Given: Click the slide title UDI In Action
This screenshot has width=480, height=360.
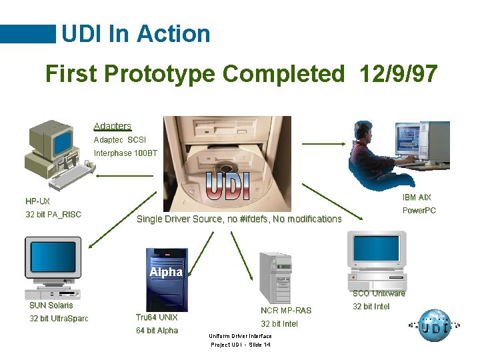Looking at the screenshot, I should [x=135, y=33].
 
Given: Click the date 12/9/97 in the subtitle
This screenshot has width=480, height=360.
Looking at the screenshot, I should [x=398, y=73].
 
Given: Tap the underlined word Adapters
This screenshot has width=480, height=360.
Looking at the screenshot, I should [x=113, y=126].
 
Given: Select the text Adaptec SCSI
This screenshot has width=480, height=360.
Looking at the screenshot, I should [x=120, y=140].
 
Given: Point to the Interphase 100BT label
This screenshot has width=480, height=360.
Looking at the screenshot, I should [x=126, y=153].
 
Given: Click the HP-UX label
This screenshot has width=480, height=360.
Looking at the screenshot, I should [x=38, y=201].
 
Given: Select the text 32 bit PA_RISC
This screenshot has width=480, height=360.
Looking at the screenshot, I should [x=53, y=214].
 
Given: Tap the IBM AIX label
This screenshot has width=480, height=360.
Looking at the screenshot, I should [x=417, y=197].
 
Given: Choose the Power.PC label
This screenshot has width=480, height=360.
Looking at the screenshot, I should [x=419, y=211].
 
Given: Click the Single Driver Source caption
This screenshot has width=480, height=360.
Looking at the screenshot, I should [x=239, y=219].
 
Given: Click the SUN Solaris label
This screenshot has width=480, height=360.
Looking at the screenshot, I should [x=51, y=305].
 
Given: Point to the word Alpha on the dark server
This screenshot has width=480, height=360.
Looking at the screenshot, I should [x=165, y=272].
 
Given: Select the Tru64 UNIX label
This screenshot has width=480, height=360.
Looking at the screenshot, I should [x=157, y=317].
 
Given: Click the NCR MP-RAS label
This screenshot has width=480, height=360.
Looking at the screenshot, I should [x=286, y=310].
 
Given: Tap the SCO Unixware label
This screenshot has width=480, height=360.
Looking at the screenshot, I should [x=379, y=293].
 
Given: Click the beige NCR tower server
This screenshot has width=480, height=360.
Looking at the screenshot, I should [x=275, y=277].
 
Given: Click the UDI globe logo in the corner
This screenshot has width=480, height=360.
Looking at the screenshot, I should [x=434, y=327].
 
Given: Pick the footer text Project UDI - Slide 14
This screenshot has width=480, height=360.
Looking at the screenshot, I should [x=241, y=345].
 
